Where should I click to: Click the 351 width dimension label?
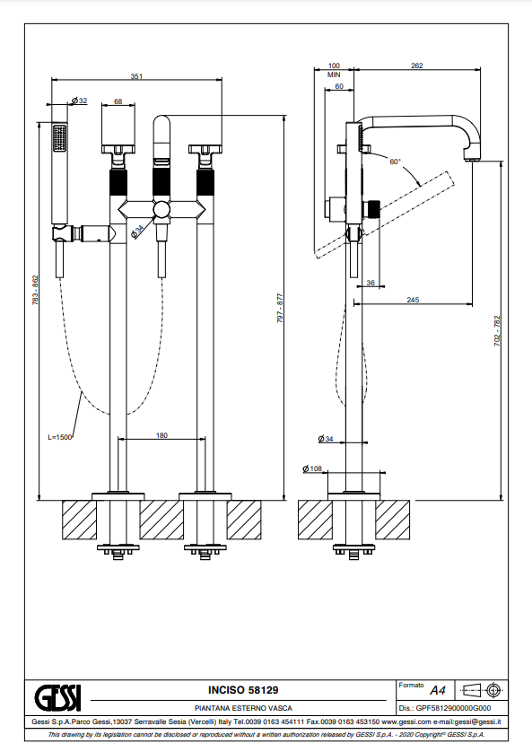click(136, 76)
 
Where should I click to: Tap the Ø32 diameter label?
click(80, 101)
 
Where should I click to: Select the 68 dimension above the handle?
click(118, 101)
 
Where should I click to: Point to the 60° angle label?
click(395, 162)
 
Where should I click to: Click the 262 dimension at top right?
click(417, 66)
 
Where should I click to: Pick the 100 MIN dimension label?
click(334, 70)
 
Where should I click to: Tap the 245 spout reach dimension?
click(413, 300)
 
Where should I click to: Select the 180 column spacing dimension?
click(162, 435)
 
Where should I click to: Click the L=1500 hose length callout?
click(59, 437)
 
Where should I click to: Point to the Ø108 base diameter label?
click(312, 468)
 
